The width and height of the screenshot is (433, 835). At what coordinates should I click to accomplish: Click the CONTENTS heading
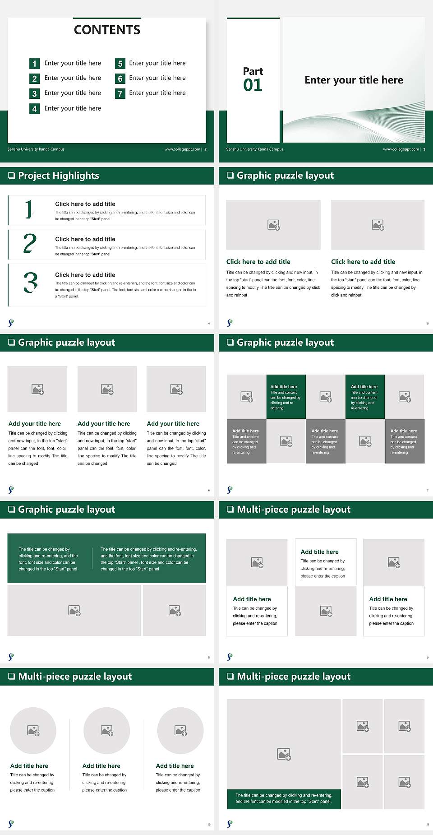coord(107,30)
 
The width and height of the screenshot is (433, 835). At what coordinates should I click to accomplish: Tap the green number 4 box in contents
coord(34,109)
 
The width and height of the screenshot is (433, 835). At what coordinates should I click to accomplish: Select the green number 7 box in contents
coord(120,93)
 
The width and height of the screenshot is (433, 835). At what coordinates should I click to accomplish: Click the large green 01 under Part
coord(253,85)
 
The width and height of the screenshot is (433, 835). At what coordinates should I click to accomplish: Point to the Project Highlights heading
coord(58,176)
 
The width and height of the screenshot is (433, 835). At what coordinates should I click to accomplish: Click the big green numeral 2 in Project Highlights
coord(30,243)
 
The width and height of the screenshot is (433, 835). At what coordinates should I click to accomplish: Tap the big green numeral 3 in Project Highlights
coord(31,283)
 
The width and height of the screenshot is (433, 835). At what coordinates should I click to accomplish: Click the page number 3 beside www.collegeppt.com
coord(424,149)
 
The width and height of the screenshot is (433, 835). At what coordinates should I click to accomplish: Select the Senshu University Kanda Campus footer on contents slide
coord(36,149)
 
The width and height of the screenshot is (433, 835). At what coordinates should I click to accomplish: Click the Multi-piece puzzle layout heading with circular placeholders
coord(75,677)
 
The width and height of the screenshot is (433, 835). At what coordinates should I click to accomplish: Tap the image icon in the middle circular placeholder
coord(107,730)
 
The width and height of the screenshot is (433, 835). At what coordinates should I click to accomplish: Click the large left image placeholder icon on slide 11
coord(284,754)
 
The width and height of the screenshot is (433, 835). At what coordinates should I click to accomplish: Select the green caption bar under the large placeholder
coord(284,798)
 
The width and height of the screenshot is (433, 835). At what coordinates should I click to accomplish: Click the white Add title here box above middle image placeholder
coord(326,562)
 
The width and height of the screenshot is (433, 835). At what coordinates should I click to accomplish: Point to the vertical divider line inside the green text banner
coord(92,558)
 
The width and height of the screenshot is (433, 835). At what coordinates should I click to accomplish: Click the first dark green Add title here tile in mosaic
coord(286,397)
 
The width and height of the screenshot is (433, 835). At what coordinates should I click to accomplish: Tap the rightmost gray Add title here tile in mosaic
coord(405,441)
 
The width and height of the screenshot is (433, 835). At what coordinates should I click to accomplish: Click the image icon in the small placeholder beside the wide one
coord(175,611)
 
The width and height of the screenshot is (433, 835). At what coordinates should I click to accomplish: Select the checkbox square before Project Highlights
coord(12,176)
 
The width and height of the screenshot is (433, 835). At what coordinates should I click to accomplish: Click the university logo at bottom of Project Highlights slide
coord(11,323)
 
